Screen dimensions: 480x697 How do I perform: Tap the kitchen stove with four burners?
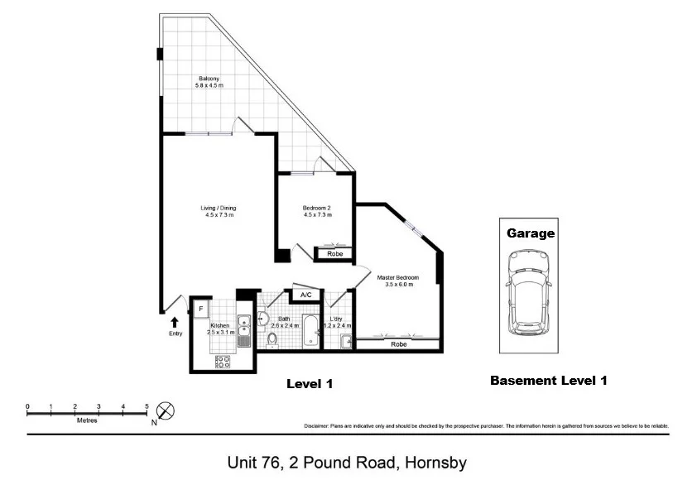coord(224,361)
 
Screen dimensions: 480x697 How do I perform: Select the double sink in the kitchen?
coord(243,330)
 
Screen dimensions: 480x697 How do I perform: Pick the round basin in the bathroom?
coord(264,316)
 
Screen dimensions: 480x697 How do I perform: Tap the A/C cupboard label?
coord(305,295)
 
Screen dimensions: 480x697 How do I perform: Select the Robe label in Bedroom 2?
coord(334,254)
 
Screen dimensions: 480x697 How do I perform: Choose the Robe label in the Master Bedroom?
coord(398,343)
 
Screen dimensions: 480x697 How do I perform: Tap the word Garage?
coord(531,233)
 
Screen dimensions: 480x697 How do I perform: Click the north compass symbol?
coord(166,410)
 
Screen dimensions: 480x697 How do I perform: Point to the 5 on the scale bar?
coord(147,406)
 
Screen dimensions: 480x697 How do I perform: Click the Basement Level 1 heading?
coord(549,381)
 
